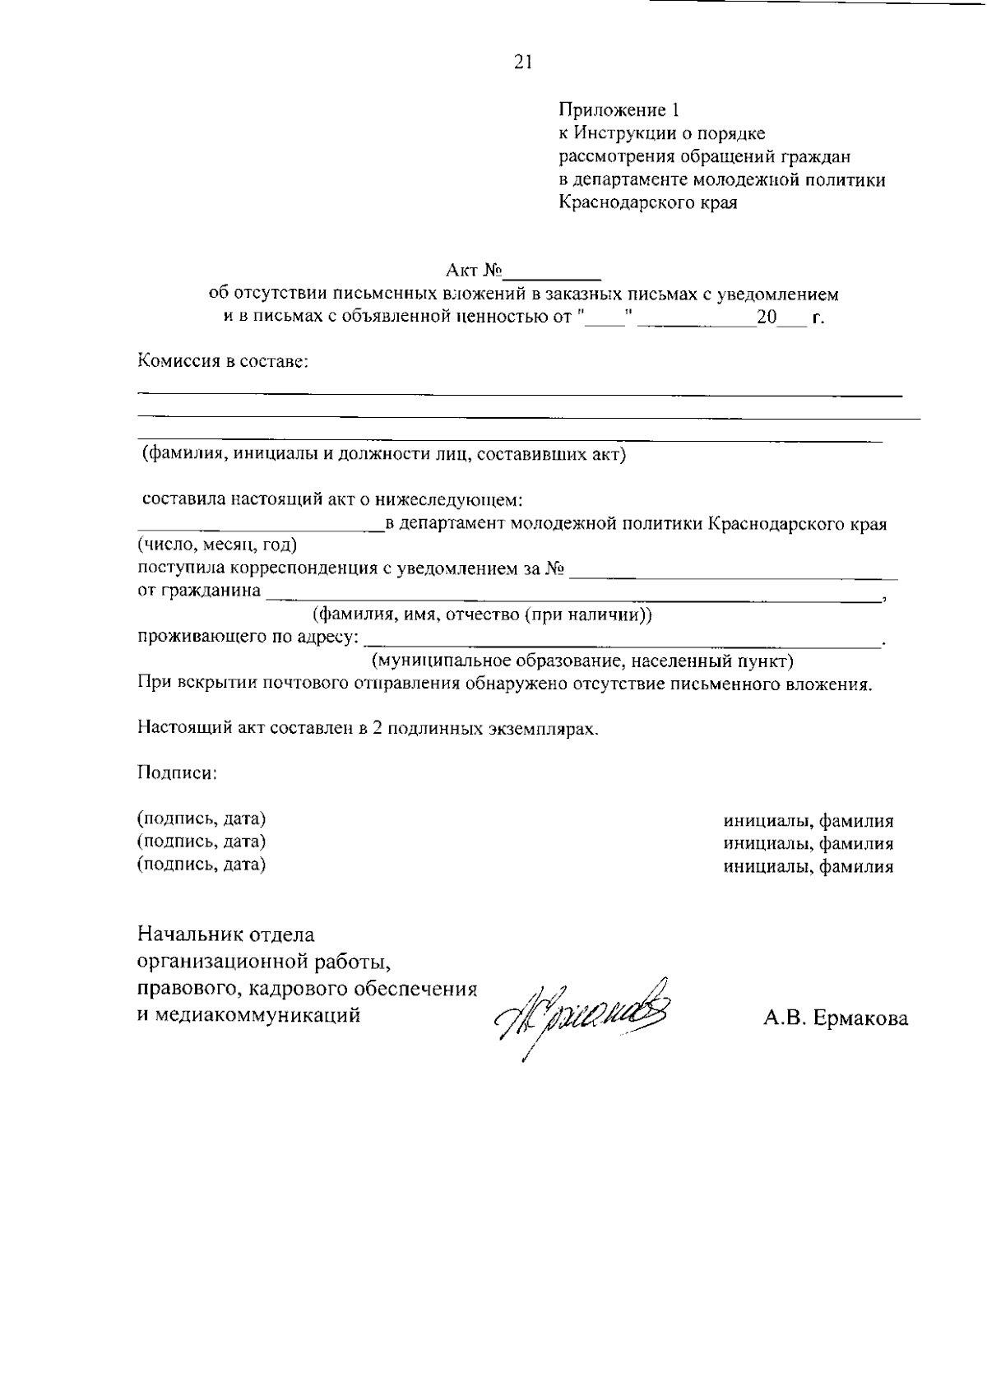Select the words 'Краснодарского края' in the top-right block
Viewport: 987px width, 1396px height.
click(x=648, y=203)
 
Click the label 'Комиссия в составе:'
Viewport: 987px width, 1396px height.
click(x=222, y=360)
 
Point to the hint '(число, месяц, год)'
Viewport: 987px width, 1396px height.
click(x=217, y=545)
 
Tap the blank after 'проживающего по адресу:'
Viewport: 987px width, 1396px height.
click(x=621, y=639)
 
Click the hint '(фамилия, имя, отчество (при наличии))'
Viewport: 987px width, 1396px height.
click(x=482, y=615)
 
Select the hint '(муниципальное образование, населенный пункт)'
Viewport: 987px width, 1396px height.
click(x=582, y=661)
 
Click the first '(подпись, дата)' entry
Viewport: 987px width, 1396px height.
click(x=202, y=819)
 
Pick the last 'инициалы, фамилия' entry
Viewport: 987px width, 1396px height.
click(x=809, y=865)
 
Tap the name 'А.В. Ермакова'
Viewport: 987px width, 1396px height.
click(x=836, y=1018)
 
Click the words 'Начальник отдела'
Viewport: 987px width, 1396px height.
click(x=226, y=935)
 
